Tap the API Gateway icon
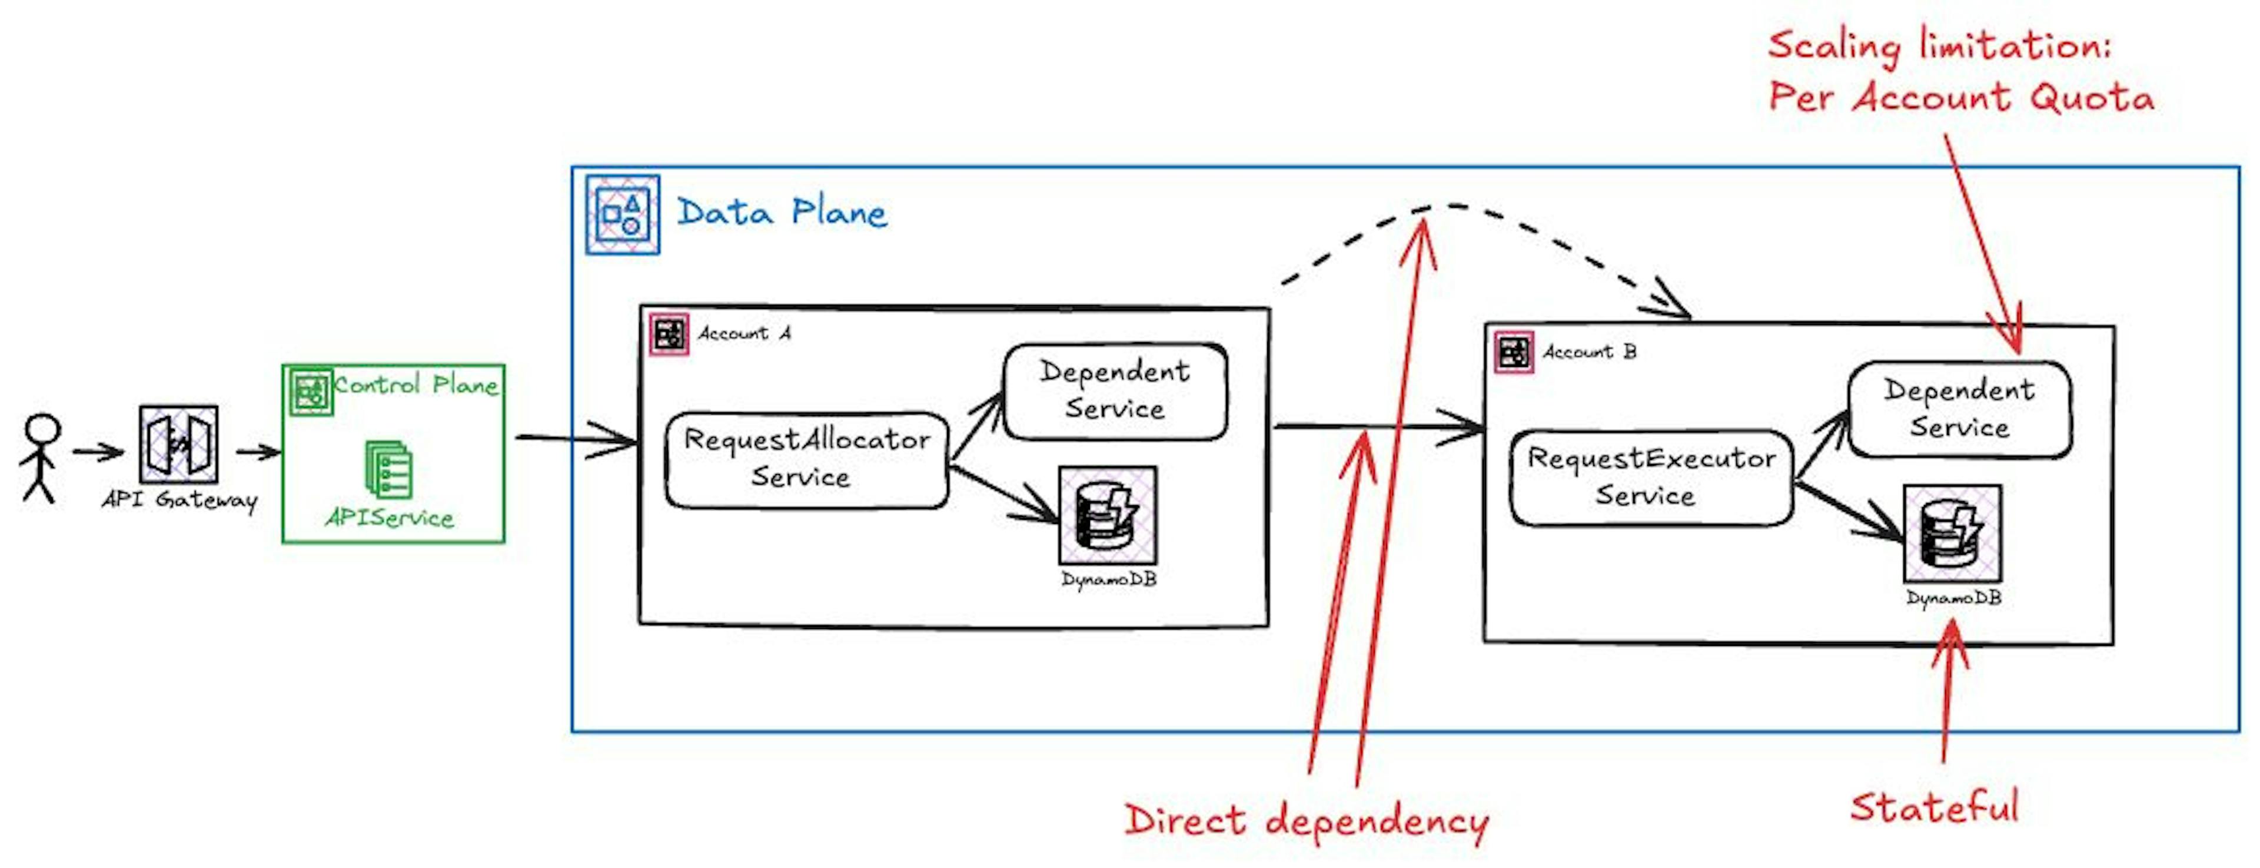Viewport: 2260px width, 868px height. [178, 444]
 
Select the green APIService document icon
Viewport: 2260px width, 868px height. [388, 469]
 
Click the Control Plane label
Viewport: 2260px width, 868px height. [416, 385]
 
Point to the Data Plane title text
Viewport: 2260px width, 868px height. [782, 213]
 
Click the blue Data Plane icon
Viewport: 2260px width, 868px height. [623, 215]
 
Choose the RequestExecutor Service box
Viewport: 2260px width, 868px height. [1650, 478]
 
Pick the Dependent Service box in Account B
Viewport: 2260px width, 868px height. [1959, 410]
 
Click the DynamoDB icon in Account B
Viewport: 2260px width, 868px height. [1953, 534]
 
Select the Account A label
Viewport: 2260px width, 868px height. [744, 333]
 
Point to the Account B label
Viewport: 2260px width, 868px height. [1589, 352]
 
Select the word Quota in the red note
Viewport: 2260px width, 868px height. [2092, 97]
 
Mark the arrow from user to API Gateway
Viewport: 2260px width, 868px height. [98, 453]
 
